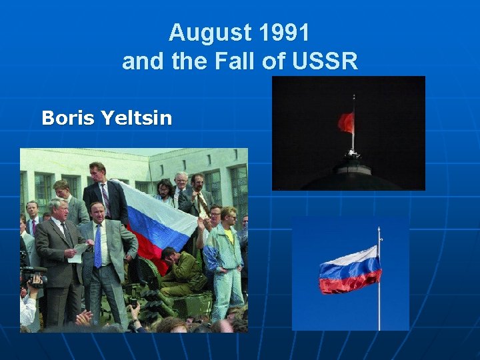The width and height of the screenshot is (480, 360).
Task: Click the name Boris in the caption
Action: (x=69, y=119)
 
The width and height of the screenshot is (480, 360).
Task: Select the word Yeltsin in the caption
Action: (x=137, y=119)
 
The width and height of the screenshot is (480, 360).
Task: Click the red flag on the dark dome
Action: (x=345, y=122)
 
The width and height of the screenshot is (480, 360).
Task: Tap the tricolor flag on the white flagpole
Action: (x=349, y=270)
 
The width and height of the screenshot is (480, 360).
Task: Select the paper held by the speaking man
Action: (x=79, y=251)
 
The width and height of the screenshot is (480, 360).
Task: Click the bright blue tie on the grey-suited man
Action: (x=98, y=246)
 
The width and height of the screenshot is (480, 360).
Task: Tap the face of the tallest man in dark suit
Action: (x=98, y=172)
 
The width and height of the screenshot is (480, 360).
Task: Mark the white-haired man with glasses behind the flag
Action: (x=181, y=181)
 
